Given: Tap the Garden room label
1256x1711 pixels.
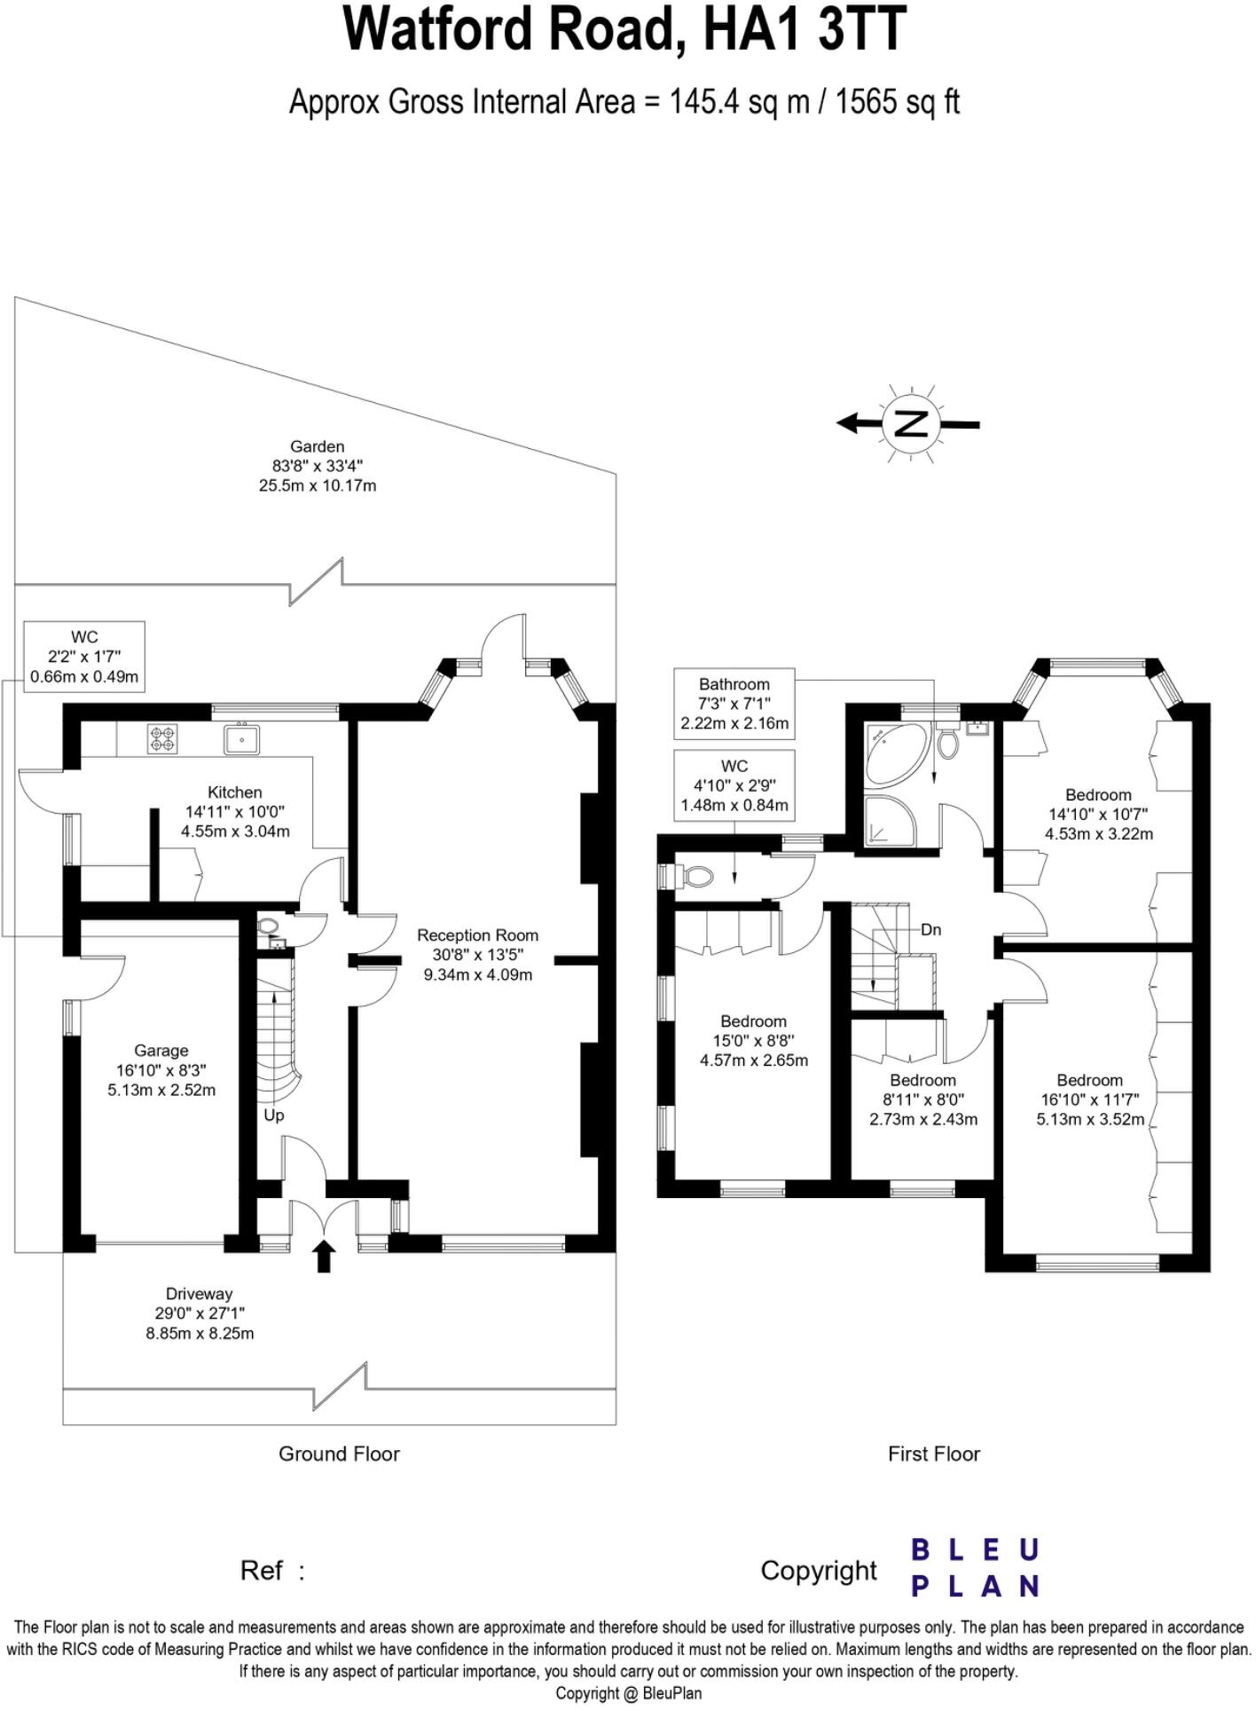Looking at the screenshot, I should [317, 446].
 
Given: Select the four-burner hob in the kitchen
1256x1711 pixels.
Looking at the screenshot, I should [162, 738].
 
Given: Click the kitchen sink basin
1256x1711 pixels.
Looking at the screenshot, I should [241, 738].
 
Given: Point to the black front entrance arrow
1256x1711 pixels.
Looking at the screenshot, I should [324, 1257].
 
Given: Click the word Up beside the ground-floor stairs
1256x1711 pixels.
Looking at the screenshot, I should [274, 1115].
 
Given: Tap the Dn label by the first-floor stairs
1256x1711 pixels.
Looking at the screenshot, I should [930, 930].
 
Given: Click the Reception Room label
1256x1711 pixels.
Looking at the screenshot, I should [477, 935].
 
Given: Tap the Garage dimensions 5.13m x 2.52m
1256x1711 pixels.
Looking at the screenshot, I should [161, 1090].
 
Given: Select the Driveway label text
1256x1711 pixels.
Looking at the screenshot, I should [199, 1294].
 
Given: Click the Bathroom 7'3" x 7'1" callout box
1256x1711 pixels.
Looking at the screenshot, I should [734, 704].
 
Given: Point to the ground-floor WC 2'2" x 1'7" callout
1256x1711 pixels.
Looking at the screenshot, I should [84, 657].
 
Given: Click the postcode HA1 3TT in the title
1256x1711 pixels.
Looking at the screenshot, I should [804, 29].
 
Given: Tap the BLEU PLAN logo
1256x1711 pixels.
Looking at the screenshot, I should [975, 1568].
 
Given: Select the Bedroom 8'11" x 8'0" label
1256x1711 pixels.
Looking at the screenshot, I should [922, 1080].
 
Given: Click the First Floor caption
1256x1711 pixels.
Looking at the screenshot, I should [933, 1454].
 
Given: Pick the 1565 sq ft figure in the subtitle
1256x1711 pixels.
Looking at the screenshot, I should [898, 102].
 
